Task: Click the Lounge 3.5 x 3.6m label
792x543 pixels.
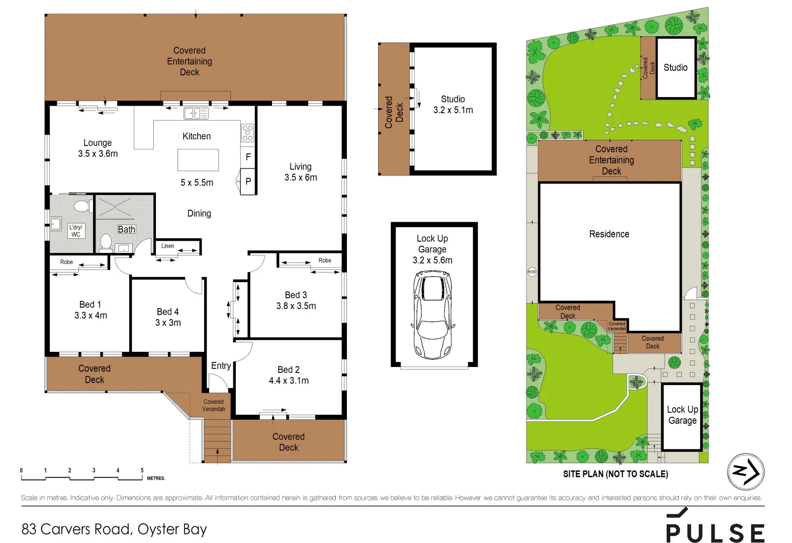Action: [98, 148]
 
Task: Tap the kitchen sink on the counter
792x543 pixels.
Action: [196, 114]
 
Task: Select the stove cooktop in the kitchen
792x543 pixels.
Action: [247, 133]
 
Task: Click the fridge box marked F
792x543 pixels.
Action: [248, 157]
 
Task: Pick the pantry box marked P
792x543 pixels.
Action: [248, 182]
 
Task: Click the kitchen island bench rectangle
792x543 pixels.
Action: [198, 160]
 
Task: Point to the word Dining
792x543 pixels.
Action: [199, 214]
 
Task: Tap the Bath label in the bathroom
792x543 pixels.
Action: [126, 229]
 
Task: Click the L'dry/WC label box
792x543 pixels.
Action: [76, 231]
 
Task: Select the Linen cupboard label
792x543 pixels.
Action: [167, 246]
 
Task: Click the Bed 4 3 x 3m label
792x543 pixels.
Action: [167, 317]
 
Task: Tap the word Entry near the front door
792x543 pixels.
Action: [221, 366]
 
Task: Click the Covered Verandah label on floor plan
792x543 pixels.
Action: [213, 405]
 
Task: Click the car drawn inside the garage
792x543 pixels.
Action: [432, 314]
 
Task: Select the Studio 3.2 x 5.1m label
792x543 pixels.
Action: [453, 105]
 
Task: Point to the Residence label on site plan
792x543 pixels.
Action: [609, 234]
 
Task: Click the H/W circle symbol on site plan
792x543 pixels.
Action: [532, 272]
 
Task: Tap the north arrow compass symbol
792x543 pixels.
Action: [745, 472]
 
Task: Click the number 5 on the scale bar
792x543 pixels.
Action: [142, 471]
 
